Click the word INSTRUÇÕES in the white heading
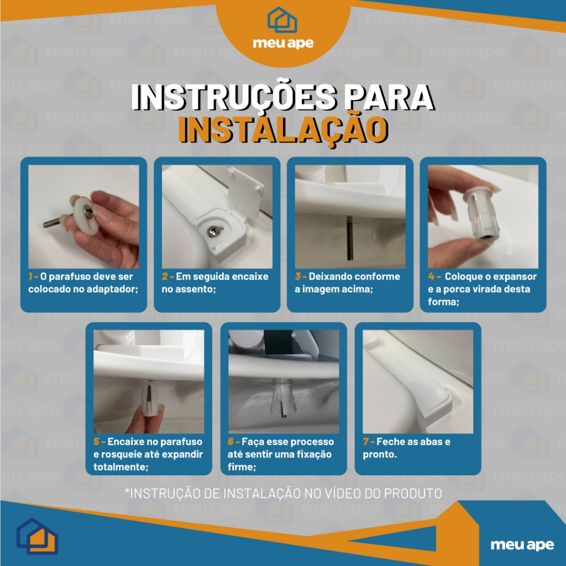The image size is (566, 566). click(233, 97)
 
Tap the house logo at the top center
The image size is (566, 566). click(282, 20)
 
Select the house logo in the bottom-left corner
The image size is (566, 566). click(37, 536)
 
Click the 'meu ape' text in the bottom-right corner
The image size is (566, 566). click(522, 544)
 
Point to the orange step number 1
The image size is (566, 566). click(31, 276)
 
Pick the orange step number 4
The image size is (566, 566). click(431, 276)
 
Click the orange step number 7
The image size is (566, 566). click(366, 442)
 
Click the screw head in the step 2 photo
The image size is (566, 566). click(213, 232)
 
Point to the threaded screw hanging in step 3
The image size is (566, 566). click(349, 238)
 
